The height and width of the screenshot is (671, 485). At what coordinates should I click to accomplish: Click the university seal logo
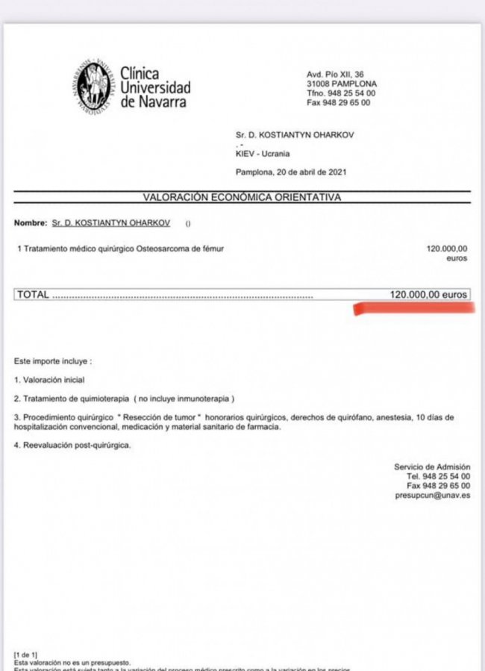[x=94, y=88]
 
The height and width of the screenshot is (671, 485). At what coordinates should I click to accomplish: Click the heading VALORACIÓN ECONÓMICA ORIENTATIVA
[x=242, y=197]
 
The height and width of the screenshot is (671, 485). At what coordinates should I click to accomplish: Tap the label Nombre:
[x=30, y=223]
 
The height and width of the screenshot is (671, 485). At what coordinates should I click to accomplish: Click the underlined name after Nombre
[x=110, y=223]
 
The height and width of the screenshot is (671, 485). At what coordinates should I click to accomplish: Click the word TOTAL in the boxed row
[x=33, y=295]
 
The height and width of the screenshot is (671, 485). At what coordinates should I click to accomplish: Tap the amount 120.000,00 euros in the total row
[x=429, y=295]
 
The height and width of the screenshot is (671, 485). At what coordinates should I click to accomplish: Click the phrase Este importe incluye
[x=52, y=361]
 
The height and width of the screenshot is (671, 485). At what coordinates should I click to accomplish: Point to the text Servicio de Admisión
[x=432, y=466]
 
